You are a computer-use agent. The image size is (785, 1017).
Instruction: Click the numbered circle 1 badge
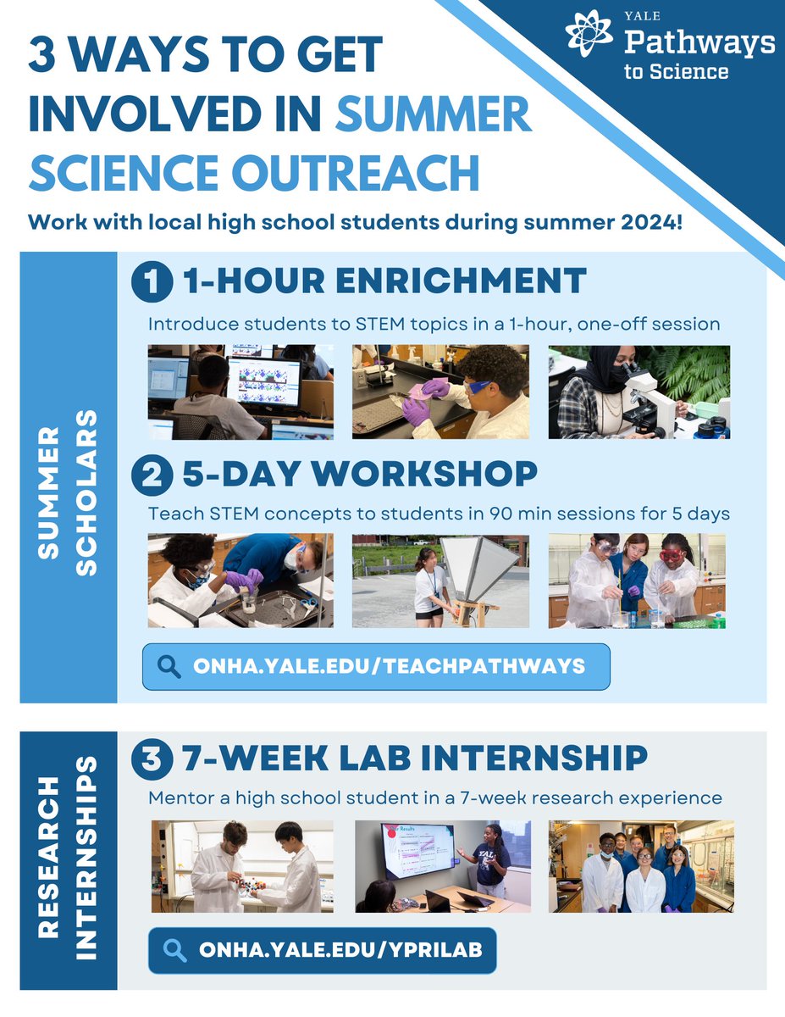click(x=152, y=283)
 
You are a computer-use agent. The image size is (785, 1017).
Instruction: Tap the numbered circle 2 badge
click(x=152, y=475)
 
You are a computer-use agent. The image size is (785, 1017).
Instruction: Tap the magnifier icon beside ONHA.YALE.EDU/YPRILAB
click(x=175, y=949)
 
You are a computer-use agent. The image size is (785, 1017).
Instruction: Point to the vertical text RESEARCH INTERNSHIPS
click(x=68, y=859)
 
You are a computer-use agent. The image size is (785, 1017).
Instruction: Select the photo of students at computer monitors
click(x=240, y=392)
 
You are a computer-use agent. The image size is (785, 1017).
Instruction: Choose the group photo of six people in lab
click(x=641, y=866)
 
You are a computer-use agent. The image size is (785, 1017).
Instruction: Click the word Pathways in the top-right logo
click(x=699, y=42)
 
